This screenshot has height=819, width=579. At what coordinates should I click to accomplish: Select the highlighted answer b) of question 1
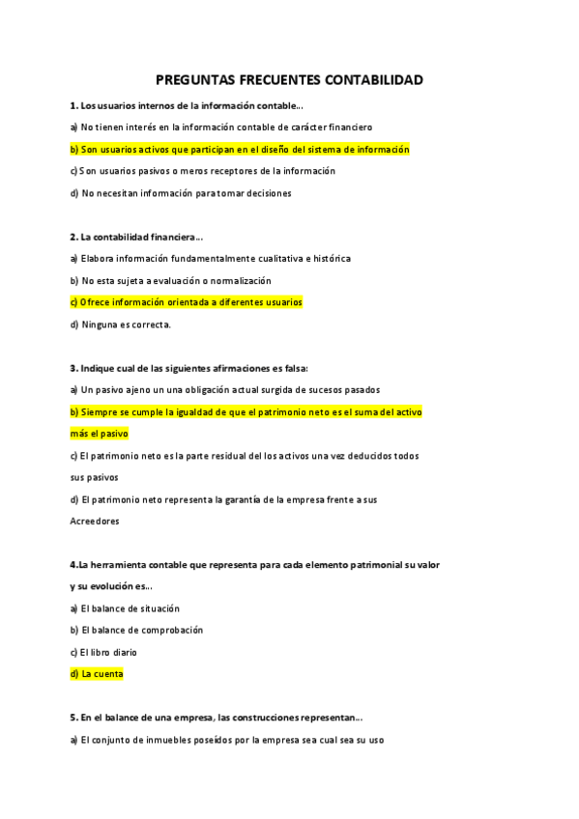(240, 150)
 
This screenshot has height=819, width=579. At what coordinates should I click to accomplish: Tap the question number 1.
(73, 105)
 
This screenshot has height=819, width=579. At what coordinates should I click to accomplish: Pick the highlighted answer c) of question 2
(187, 302)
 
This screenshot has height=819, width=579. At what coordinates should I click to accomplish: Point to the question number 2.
(73, 237)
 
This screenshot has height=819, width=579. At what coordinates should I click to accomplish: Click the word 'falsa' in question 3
(294, 368)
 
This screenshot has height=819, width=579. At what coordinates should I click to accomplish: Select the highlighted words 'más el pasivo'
(100, 434)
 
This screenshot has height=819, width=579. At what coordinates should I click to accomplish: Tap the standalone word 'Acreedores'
(95, 522)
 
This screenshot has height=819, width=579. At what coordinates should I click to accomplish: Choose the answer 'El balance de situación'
(130, 608)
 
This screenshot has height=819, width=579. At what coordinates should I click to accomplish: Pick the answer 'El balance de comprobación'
(141, 630)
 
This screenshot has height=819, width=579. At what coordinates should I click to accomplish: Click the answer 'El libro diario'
(109, 652)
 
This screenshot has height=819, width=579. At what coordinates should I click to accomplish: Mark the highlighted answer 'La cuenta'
(101, 674)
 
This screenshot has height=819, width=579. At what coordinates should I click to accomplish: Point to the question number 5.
(73, 718)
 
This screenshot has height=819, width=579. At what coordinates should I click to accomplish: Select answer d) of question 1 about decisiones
(181, 193)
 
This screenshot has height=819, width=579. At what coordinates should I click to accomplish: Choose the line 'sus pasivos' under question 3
(94, 477)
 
